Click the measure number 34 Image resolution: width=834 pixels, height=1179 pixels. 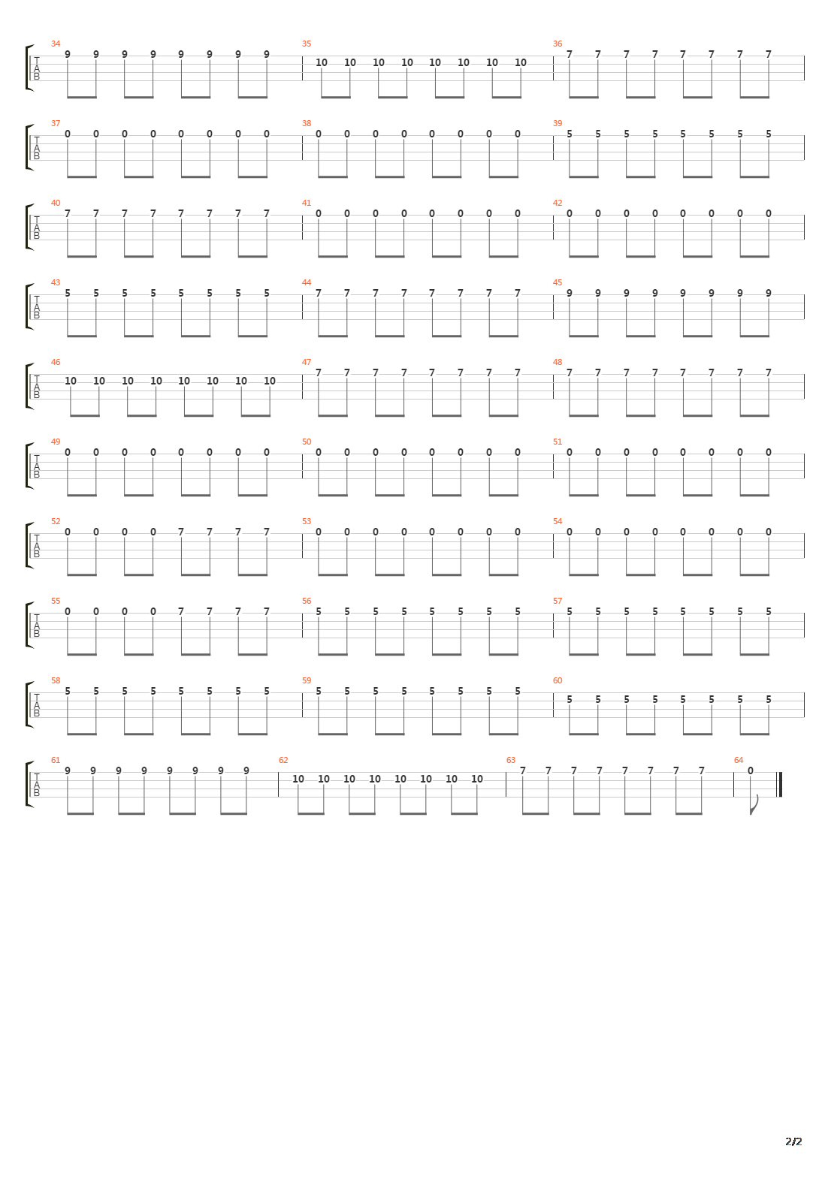point(55,44)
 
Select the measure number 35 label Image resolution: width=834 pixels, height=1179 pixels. point(306,44)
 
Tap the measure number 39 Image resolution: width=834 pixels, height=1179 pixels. point(557,123)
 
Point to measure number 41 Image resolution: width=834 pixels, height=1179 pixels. point(306,203)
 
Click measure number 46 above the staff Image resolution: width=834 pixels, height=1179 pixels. point(55,362)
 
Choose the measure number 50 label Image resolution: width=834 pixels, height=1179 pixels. point(306,442)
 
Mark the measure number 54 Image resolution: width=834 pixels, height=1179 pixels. point(557,521)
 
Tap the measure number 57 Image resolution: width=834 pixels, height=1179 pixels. point(557,601)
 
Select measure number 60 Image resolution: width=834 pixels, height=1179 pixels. point(557,680)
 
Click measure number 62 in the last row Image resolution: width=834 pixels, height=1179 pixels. point(283,760)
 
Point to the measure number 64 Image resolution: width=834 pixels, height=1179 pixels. point(739,760)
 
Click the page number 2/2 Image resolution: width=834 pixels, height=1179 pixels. point(793,1141)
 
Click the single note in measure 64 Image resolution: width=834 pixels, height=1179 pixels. point(750,770)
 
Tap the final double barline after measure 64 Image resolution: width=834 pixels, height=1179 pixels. point(780,784)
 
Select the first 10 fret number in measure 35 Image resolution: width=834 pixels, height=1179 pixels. point(322,62)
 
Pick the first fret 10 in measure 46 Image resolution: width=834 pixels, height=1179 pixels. point(71,381)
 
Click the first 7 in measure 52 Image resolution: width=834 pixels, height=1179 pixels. point(181,532)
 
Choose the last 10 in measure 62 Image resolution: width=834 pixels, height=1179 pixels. point(476,779)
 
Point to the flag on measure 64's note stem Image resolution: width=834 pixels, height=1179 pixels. point(756,805)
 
